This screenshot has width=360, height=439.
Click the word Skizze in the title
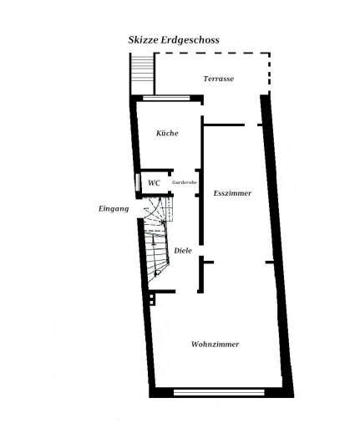(x=143, y=40)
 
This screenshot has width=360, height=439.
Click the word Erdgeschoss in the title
(x=190, y=40)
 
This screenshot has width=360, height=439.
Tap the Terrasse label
(x=219, y=79)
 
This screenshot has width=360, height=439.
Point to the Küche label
(x=167, y=133)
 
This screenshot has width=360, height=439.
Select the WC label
(x=155, y=183)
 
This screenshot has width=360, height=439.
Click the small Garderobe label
(x=185, y=182)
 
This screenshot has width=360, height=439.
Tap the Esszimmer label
(x=232, y=193)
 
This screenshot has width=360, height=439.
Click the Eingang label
(x=114, y=209)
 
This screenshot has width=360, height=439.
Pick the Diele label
(x=183, y=250)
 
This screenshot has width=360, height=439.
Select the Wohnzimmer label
(x=215, y=344)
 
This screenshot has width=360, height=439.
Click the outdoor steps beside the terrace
(x=142, y=74)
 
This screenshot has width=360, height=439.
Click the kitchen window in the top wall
(x=166, y=98)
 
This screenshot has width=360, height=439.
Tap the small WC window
(x=137, y=182)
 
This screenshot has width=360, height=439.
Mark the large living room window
(x=219, y=392)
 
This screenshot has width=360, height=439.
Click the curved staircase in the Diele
(x=157, y=241)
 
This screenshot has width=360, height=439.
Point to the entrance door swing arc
(x=154, y=209)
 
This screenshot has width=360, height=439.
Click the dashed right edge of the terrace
(x=269, y=74)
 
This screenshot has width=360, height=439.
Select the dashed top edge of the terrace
(x=213, y=53)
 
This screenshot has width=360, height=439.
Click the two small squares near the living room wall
(x=151, y=299)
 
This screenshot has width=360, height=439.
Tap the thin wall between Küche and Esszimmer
(x=202, y=179)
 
